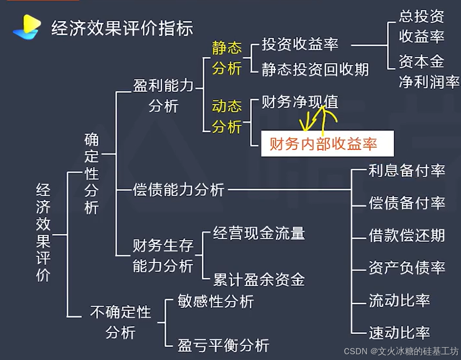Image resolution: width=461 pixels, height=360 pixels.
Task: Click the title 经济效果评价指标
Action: (x=122, y=28)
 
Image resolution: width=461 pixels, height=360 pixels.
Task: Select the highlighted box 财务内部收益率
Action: (x=327, y=144)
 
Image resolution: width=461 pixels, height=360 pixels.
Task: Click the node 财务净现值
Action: (x=300, y=102)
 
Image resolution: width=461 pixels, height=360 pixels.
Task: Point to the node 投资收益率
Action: (x=300, y=44)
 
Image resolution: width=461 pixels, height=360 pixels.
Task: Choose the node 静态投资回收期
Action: (x=315, y=70)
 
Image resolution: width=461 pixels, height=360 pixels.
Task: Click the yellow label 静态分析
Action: (x=227, y=58)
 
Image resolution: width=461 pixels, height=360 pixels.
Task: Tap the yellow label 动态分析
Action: (x=227, y=116)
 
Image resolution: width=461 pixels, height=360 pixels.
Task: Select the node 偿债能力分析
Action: (x=178, y=190)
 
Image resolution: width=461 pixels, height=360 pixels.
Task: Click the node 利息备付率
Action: (x=407, y=171)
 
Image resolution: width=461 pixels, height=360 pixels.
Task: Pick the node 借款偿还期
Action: (x=407, y=235)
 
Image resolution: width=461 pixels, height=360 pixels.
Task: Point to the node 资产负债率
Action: (x=407, y=268)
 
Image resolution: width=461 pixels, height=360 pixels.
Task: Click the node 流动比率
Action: (x=399, y=300)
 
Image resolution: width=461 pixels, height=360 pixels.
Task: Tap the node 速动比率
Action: (x=399, y=332)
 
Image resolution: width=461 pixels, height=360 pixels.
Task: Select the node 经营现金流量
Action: (x=259, y=233)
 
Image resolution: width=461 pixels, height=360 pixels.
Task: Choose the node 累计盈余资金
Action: (x=259, y=280)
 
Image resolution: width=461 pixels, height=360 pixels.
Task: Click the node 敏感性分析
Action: (x=216, y=301)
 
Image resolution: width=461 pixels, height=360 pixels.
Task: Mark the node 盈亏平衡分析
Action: (x=223, y=345)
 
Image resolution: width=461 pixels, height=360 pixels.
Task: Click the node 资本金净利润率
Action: (x=428, y=71)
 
